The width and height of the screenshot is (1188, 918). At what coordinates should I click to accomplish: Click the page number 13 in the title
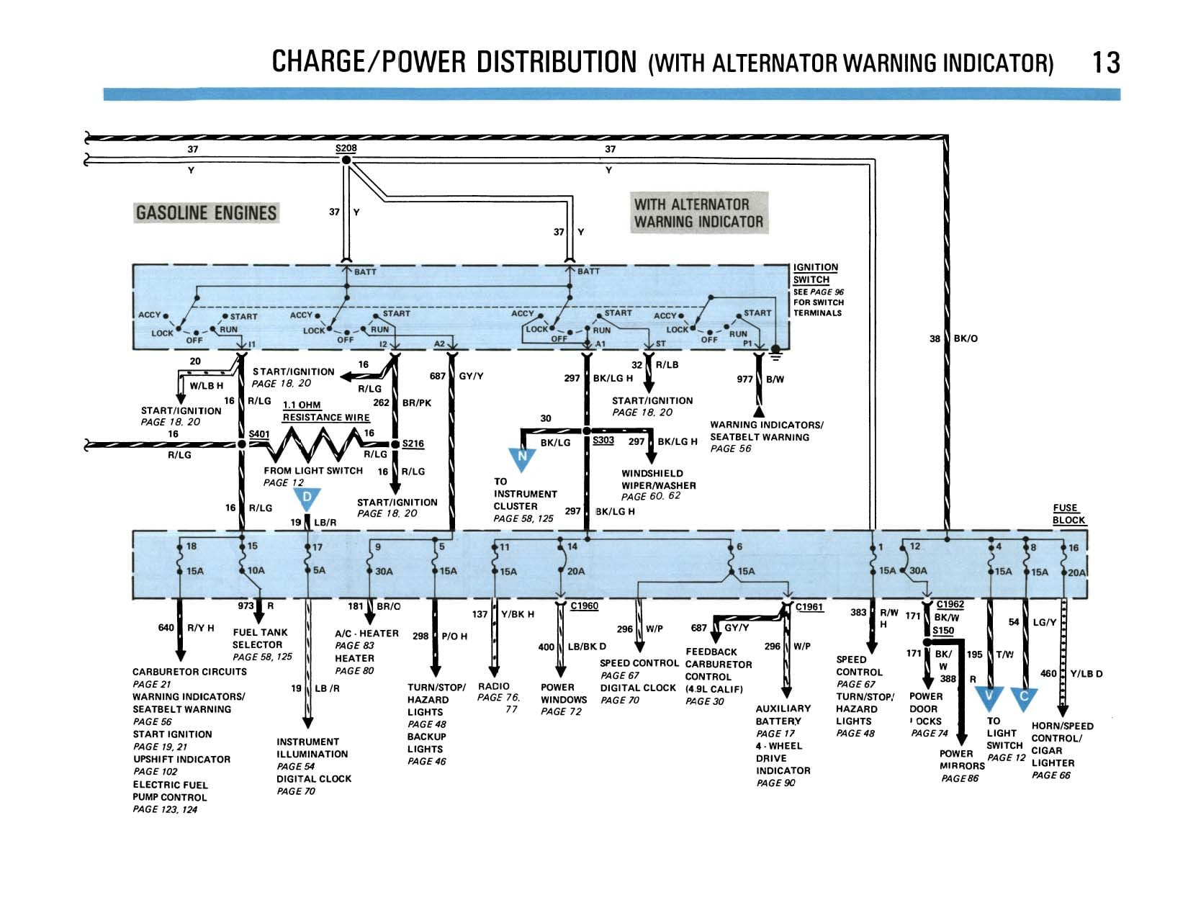coord(1105,63)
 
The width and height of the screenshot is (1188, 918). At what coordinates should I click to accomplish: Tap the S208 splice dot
coord(346,160)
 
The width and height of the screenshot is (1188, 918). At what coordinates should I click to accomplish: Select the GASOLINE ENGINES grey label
coord(206,212)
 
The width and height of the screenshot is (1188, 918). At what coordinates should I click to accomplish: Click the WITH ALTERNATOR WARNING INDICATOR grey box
coord(698,212)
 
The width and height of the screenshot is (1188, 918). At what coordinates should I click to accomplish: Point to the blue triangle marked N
coord(522,458)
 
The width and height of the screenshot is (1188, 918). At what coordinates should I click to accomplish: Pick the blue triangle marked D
coord(307,499)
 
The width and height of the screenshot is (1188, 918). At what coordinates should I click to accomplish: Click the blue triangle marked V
coord(989,698)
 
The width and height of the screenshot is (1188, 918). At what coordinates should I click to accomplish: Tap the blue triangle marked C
coord(1024,698)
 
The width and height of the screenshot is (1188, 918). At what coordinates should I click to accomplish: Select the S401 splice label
coord(259,434)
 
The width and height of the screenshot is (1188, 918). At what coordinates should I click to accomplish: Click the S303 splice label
coord(603,440)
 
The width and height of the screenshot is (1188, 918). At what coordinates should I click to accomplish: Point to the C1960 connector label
coord(584,606)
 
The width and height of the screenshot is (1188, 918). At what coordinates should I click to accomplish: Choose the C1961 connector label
coord(809,607)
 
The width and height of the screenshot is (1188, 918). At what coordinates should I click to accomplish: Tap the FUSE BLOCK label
coord(1068,514)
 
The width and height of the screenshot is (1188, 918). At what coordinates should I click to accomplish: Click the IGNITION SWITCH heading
coord(815,274)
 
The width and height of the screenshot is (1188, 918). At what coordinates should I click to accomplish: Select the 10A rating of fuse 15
coord(256,570)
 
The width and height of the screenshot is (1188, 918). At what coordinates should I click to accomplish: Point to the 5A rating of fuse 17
coord(319,570)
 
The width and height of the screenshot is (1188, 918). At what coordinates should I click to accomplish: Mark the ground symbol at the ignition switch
coord(775,352)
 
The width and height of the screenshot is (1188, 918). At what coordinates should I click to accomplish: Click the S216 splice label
coord(413,444)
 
